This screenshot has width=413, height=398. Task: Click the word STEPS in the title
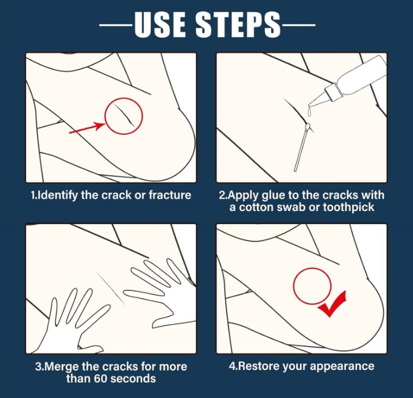pos(238,24)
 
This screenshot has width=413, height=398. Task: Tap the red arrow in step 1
pos(88,128)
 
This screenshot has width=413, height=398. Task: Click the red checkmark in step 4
pos(333,303)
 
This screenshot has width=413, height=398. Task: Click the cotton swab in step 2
pos(302,147)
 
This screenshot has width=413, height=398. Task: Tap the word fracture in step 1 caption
pos(170,195)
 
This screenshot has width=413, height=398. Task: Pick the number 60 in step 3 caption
pos(101,378)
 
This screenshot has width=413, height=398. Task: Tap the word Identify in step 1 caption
pos(57,195)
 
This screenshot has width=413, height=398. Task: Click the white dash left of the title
pos(116,25)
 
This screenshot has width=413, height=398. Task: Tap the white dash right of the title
pos(298,25)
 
